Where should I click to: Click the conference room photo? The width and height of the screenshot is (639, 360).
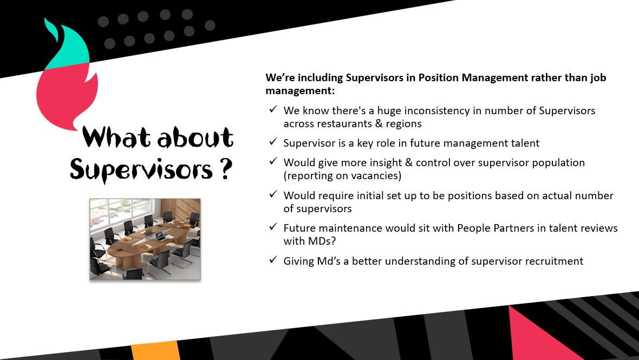145,239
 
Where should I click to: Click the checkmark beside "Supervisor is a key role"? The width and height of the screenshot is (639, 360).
273,142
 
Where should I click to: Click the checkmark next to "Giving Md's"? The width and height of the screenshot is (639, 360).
273,260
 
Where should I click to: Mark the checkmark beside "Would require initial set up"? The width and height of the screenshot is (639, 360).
273,195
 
